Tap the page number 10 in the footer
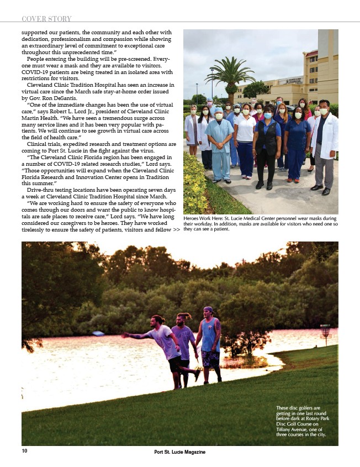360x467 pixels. [x=24, y=451]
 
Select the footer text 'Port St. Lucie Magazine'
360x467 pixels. [x=180, y=452]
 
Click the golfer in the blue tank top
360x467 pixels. [x=211, y=344]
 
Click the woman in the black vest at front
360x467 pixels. [x=267, y=146]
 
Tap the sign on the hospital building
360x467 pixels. [x=293, y=81]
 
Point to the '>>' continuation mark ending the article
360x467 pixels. [x=176, y=230]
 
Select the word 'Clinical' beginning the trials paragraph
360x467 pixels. [x=40, y=143]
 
